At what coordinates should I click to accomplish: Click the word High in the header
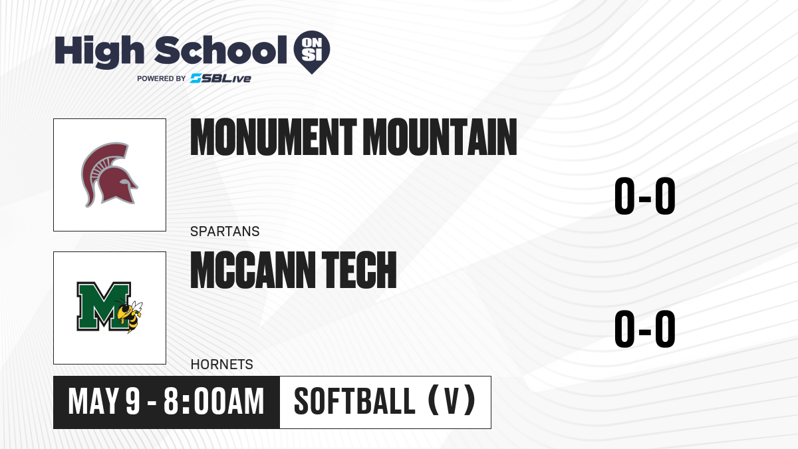pyautogui.click(x=99, y=52)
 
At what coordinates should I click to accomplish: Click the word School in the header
pyautogui.click(x=221, y=50)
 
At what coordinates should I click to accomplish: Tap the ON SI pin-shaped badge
pyautogui.click(x=312, y=52)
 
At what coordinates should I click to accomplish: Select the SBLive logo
pyautogui.click(x=221, y=78)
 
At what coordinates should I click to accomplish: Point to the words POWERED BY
pyautogui.click(x=162, y=78)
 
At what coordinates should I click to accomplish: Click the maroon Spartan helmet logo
pyautogui.click(x=109, y=175)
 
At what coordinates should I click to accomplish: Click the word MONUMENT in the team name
pyautogui.click(x=273, y=137)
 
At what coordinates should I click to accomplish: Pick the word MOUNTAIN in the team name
pyautogui.click(x=440, y=137)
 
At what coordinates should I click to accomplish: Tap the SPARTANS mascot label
pyautogui.click(x=225, y=231)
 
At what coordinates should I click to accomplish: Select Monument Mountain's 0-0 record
pyautogui.click(x=645, y=196)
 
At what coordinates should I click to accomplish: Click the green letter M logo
pyautogui.click(x=104, y=307)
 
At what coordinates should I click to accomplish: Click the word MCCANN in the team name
pyautogui.click(x=253, y=270)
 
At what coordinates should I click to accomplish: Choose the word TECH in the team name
pyautogui.click(x=359, y=270)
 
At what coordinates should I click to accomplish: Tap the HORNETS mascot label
pyautogui.click(x=221, y=365)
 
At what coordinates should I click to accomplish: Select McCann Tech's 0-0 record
pyautogui.click(x=645, y=329)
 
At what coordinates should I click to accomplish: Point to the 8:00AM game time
pyautogui.click(x=213, y=402)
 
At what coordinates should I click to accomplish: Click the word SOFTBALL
pyautogui.click(x=354, y=402)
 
